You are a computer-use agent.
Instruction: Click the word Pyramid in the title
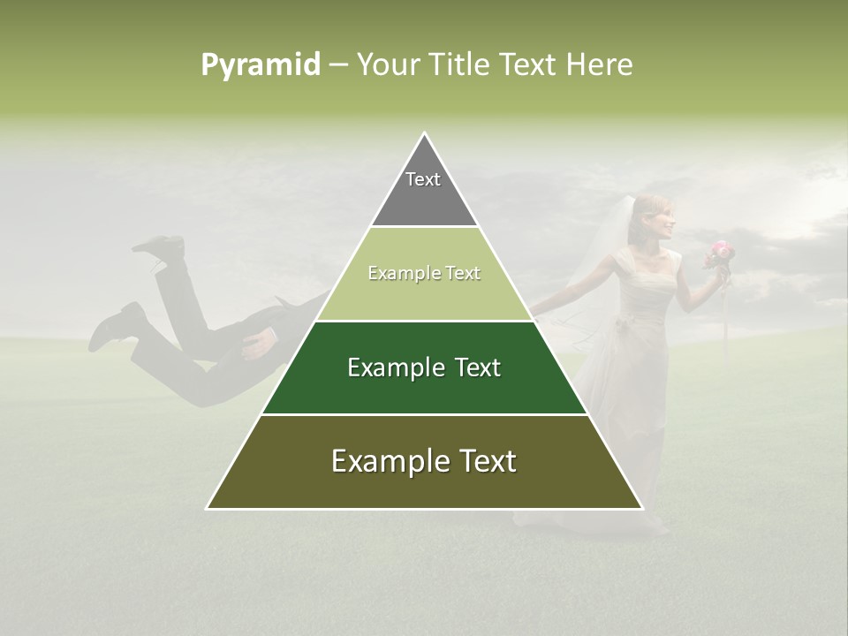pyautogui.click(x=261, y=65)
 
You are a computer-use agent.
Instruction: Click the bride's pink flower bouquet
pyautogui.click(x=720, y=254)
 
